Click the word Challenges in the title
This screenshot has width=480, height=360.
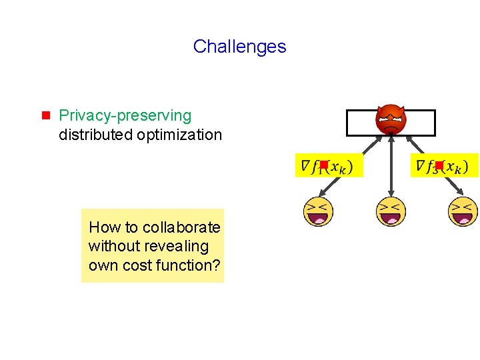coord(239,47)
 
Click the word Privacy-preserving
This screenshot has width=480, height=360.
coord(125,116)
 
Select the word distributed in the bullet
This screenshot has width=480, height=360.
coord(95,135)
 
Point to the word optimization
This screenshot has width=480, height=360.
coord(179,135)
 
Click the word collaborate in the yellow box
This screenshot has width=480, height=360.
coord(181,227)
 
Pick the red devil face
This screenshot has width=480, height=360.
coord(390,119)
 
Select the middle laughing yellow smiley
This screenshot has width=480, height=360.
coord(391,211)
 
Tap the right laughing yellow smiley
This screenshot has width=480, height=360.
coord(463,211)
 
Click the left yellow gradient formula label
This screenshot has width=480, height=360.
coord(329,165)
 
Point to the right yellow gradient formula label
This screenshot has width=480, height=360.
coord(444,165)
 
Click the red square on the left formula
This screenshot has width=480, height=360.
coord(323,164)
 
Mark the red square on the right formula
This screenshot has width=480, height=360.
coord(439,164)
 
